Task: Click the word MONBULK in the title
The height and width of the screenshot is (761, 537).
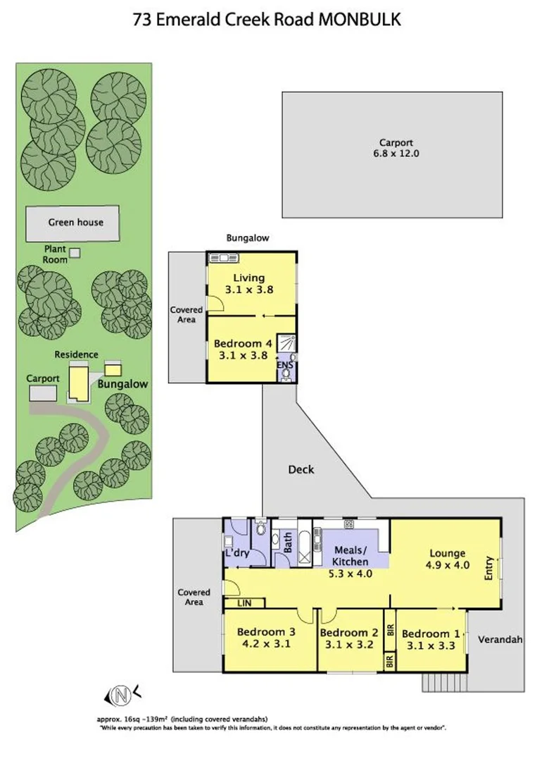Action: point(360,20)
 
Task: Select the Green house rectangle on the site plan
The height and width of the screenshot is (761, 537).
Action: point(75,223)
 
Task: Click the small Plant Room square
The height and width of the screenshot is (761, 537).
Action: point(75,252)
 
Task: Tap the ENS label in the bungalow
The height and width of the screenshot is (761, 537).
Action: point(285,365)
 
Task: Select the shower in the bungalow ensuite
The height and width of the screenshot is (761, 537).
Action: point(286,344)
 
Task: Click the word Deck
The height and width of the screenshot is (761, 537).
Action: point(301,469)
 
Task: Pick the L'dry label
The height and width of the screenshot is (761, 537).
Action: point(238,554)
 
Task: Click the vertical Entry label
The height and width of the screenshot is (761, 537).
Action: point(489,568)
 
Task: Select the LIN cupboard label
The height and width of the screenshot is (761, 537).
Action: point(244,604)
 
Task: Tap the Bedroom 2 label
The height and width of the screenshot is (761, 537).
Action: point(349,632)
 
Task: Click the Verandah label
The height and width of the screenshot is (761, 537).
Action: point(500,640)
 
